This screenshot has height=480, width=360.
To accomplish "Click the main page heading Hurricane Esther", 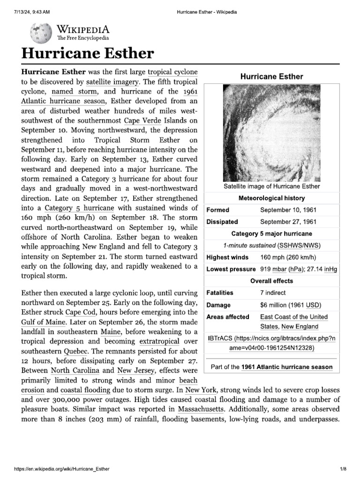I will pyautogui.click(x=88, y=53).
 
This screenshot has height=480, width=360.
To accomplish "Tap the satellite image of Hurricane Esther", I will pyautogui.click(x=271, y=132).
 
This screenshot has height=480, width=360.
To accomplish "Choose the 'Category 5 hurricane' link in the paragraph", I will pyautogui.click(x=86, y=208).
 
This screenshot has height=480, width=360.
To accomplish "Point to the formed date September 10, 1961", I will pyautogui.click(x=288, y=210).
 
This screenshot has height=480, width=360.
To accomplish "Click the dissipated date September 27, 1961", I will pyautogui.click(x=288, y=222).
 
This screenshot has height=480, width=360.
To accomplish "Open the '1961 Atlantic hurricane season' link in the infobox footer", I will pyautogui.click(x=287, y=367).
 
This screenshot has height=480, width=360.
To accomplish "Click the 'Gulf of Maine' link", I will pyautogui.click(x=44, y=322).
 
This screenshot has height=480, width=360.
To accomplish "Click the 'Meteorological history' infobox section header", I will pyautogui.click(x=271, y=198).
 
